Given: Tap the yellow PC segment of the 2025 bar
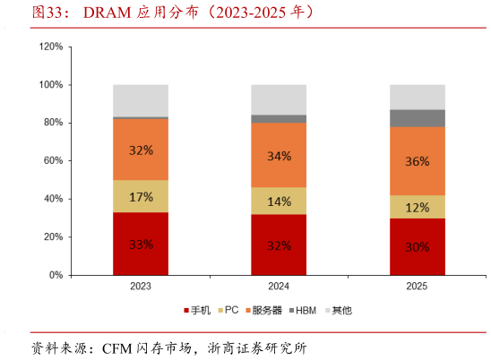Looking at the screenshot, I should (x=417, y=207).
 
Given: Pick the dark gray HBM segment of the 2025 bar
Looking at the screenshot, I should (x=417, y=118).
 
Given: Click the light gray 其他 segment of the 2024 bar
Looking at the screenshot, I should (x=279, y=99).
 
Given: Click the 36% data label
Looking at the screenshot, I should (x=417, y=161).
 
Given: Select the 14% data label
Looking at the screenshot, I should (x=279, y=201).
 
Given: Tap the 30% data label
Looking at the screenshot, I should (x=417, y=247).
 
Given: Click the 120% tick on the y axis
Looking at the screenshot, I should (x=51, y=46).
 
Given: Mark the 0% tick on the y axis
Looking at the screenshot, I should (x=56, y=275).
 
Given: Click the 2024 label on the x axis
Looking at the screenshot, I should (x=279, y=287).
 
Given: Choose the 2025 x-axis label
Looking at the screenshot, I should (x=417, y=287).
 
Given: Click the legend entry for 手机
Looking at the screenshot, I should (x=198, y=310).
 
